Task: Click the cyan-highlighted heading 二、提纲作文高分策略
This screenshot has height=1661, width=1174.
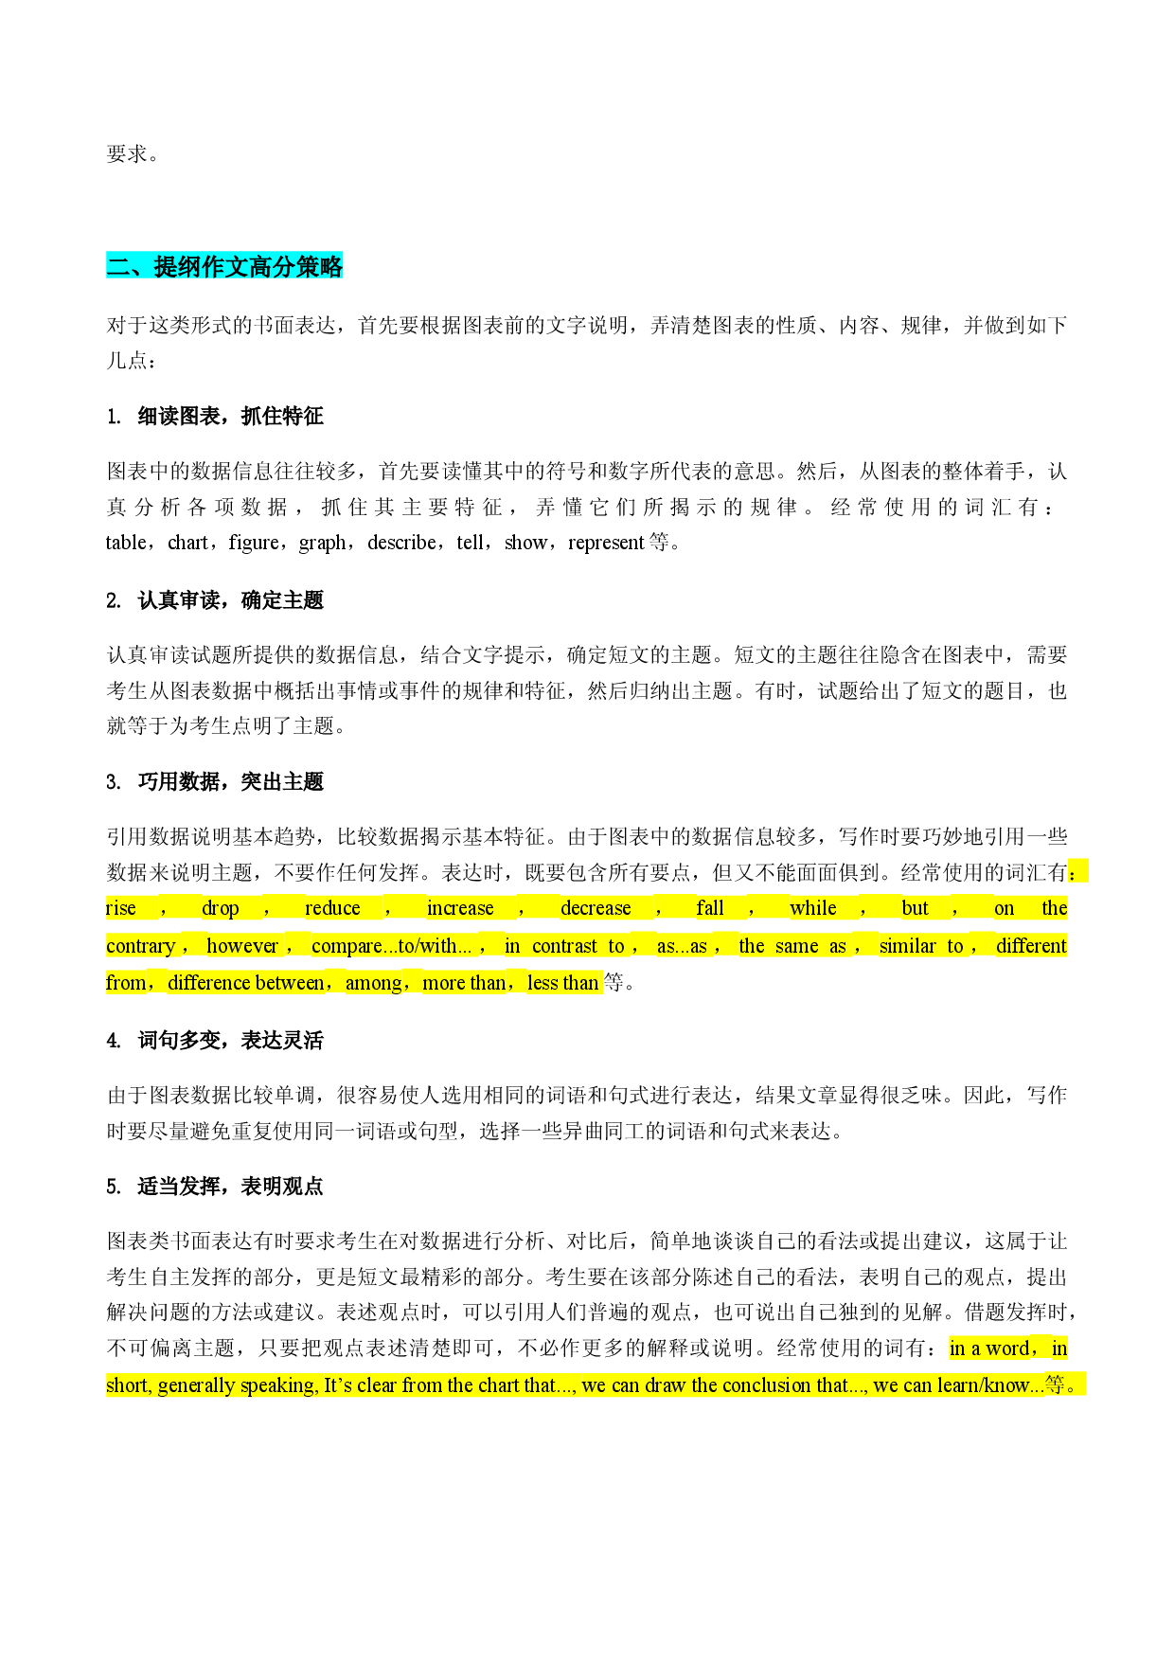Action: [x=224, y=267]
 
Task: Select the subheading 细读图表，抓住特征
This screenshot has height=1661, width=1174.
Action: [x=230, y=417]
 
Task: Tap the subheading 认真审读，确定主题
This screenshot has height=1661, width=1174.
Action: [x=230, y=600]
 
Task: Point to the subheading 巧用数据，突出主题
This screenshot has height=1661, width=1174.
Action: [x=230, y=782]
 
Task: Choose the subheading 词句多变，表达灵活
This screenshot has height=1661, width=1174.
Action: [x=230, y=1041]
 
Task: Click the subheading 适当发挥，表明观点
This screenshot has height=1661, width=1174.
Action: [x=230, y=1187]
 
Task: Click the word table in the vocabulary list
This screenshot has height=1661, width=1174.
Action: [x=126, y=543]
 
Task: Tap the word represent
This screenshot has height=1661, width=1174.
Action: [x=606, y=544]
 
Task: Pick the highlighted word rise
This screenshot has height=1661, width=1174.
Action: [x=121, y=908]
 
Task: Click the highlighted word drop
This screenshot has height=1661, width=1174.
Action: [x=221, y=909]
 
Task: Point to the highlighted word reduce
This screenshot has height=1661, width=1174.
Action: [x=332, y=908]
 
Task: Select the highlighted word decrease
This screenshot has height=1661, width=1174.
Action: [x=596, y=908]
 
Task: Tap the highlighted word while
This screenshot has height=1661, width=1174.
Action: [x=813, y=908]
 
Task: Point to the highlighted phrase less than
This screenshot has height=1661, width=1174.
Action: [x=563, y=983]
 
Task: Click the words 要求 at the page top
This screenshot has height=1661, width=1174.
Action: [x=127, y=154]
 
